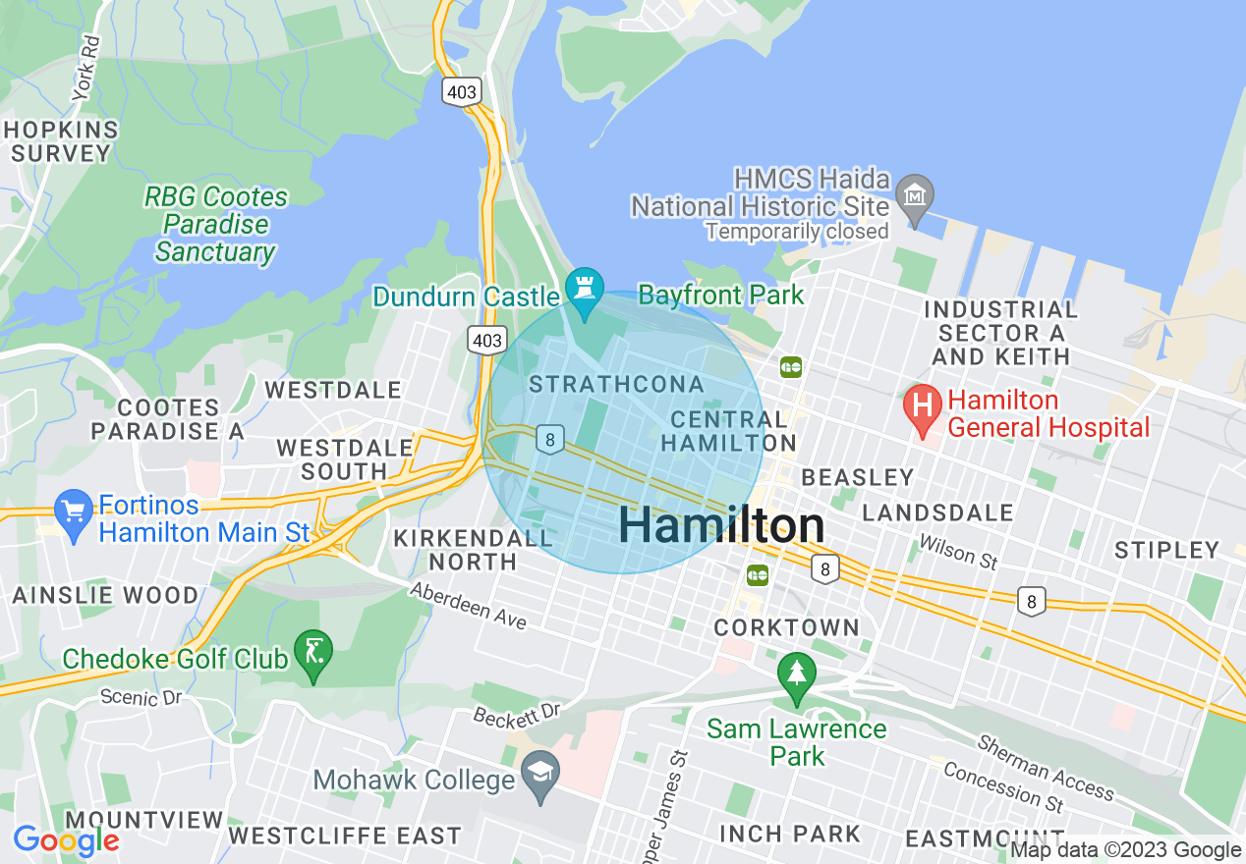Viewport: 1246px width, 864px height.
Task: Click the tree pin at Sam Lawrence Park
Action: pyautogui.click(x=796, y=675)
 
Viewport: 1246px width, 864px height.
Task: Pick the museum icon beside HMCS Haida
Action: pyautogui.click(x=916, y=191)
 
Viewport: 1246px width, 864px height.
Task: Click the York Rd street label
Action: pyautogui.click(x=87, y=68)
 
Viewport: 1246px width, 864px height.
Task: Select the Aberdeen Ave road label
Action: pyautogui.click(x=469, y=605)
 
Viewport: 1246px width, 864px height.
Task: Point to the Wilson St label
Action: pyautogui.click(x=958, y=553)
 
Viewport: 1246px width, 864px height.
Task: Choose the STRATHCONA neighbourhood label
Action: pyautogui.click(x=616, y=384)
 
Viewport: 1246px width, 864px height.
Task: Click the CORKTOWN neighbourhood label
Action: pyautogui.click(x=786, y=626)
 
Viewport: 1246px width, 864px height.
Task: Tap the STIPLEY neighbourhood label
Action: pyautogui.click(x=1166, y=550)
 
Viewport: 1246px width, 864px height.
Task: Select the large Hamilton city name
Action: pyautogui.click(x=721, y=526)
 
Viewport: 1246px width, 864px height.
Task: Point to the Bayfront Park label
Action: pyautogui.click(x=720, y=295)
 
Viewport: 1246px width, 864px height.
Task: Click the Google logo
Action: pyautogui.click(x=66, y=840)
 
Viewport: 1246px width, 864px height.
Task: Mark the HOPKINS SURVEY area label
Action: pyautogui.click(x=61, y=141)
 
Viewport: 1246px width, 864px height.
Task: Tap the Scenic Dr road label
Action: pyautogui.click(x=142, y=698)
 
